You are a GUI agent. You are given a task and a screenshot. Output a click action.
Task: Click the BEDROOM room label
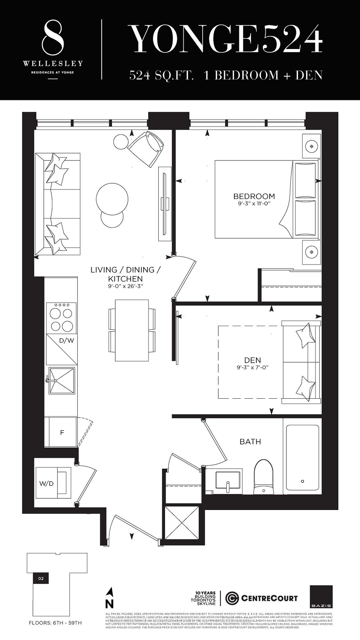(254, 196)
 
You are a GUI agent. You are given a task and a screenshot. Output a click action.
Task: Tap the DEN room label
(252, 360)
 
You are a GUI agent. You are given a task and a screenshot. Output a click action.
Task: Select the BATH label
(250, 442)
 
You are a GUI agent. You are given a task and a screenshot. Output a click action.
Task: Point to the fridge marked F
(62, 433)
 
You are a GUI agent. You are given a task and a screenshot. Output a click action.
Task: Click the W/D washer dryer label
(47, 483)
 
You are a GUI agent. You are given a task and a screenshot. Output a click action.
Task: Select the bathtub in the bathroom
(302, 457)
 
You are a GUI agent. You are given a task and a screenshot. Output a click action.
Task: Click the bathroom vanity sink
(228, 481)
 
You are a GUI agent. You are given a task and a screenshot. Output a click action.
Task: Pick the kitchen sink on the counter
(62, 381)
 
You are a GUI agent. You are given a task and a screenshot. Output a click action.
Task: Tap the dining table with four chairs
(132, 330)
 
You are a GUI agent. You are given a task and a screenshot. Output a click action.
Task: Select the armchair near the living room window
(146, 149)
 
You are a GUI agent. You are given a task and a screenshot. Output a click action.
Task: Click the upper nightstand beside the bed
(312, 146)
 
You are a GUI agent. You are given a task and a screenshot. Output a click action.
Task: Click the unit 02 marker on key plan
(41, 578)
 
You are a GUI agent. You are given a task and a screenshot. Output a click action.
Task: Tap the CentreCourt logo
(261, 598)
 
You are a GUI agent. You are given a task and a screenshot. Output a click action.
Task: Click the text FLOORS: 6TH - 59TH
(55, 623)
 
